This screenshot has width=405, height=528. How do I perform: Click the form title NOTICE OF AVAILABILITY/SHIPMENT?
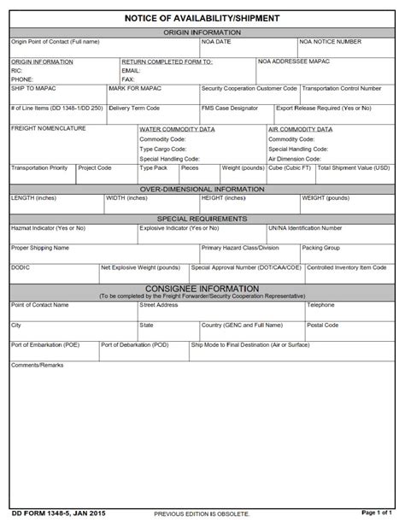202,17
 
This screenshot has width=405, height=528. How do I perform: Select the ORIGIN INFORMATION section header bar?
202,32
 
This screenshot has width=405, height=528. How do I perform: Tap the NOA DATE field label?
216,41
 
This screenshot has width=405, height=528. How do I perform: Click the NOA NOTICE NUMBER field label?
330,41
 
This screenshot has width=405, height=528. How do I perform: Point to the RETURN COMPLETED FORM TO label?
167,62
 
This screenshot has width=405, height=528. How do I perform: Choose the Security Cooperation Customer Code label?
249,88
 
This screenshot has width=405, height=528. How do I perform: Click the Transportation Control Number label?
342,88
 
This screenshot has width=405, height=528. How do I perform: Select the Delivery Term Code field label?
134,109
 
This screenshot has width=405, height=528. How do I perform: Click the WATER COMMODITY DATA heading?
177,129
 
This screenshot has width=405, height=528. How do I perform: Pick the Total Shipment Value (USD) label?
354,168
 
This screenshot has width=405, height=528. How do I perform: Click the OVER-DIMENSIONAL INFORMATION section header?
202,189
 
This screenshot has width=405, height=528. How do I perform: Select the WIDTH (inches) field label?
126,198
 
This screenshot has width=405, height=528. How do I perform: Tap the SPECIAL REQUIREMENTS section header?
202,219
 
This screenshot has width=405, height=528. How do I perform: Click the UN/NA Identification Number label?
305,228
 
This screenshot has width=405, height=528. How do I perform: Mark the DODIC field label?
21,267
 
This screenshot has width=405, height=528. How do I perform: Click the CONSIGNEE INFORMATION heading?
202,289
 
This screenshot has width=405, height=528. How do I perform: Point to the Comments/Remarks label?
37,365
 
